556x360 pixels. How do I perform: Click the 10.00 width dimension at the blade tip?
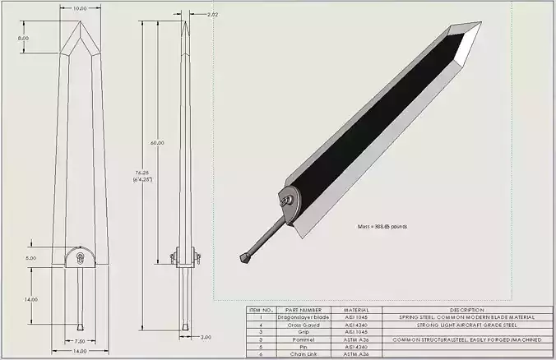(80, 8)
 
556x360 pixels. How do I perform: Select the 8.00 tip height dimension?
(23, 38)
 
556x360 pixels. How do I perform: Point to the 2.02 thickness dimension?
(212, 15)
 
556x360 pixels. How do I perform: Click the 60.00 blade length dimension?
(156, 142)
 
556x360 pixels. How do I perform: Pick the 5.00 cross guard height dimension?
(31, 258)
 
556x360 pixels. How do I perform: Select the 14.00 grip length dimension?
(31, 299)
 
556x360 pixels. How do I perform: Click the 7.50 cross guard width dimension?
(80, 340)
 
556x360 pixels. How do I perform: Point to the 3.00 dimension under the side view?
(206, 337)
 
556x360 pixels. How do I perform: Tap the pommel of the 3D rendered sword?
(244, 258)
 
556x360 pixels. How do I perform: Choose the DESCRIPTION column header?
(466, 310)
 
